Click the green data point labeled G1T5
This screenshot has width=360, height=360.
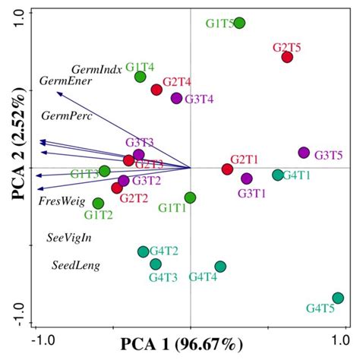(239, 23)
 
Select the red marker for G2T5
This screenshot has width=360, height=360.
(287, 57)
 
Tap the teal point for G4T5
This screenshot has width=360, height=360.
(338, 298)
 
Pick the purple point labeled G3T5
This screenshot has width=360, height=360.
(304, 153)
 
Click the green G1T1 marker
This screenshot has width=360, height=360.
(190, 197)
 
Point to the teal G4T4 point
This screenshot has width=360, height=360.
(220, 266)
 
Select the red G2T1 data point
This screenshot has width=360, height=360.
(227, 169)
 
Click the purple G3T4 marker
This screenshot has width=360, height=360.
(176, 98)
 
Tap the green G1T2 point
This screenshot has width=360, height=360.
(98, 203)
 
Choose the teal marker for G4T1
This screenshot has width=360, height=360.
(278, 175)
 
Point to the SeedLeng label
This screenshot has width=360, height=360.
(76, 266)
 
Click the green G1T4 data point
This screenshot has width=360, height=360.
(141, 77)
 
